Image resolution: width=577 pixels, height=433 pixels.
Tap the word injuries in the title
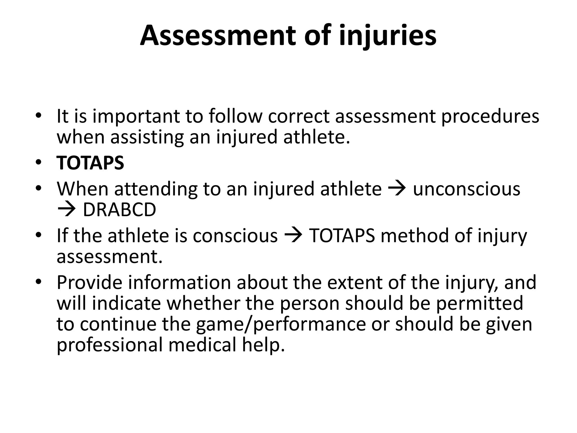(388, 36)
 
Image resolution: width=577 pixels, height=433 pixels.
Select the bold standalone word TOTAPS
(90, 163)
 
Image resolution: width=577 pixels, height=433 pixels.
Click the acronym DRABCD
(119, 210)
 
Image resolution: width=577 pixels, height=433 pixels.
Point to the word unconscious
(467, 189)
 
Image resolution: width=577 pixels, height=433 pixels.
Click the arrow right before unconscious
(397, 188)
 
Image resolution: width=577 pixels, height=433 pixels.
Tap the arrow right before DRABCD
(66, 210)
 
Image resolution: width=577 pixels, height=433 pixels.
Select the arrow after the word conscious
(294, 235)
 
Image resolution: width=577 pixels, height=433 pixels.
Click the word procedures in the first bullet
(490, 116)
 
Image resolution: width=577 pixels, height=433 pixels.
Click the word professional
(110, 345)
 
